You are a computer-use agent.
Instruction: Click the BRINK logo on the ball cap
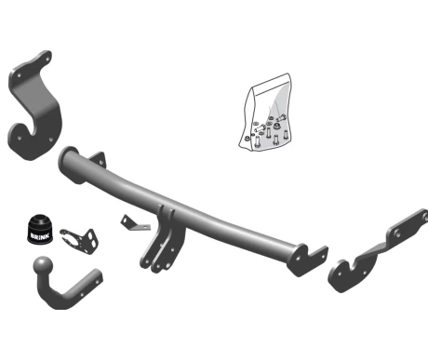(39, 235)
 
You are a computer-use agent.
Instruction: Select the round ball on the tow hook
(43, 265)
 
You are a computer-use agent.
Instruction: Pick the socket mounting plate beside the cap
(80, 241)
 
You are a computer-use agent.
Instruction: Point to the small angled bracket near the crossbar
(134, 223)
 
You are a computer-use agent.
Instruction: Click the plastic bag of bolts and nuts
(265, 113)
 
